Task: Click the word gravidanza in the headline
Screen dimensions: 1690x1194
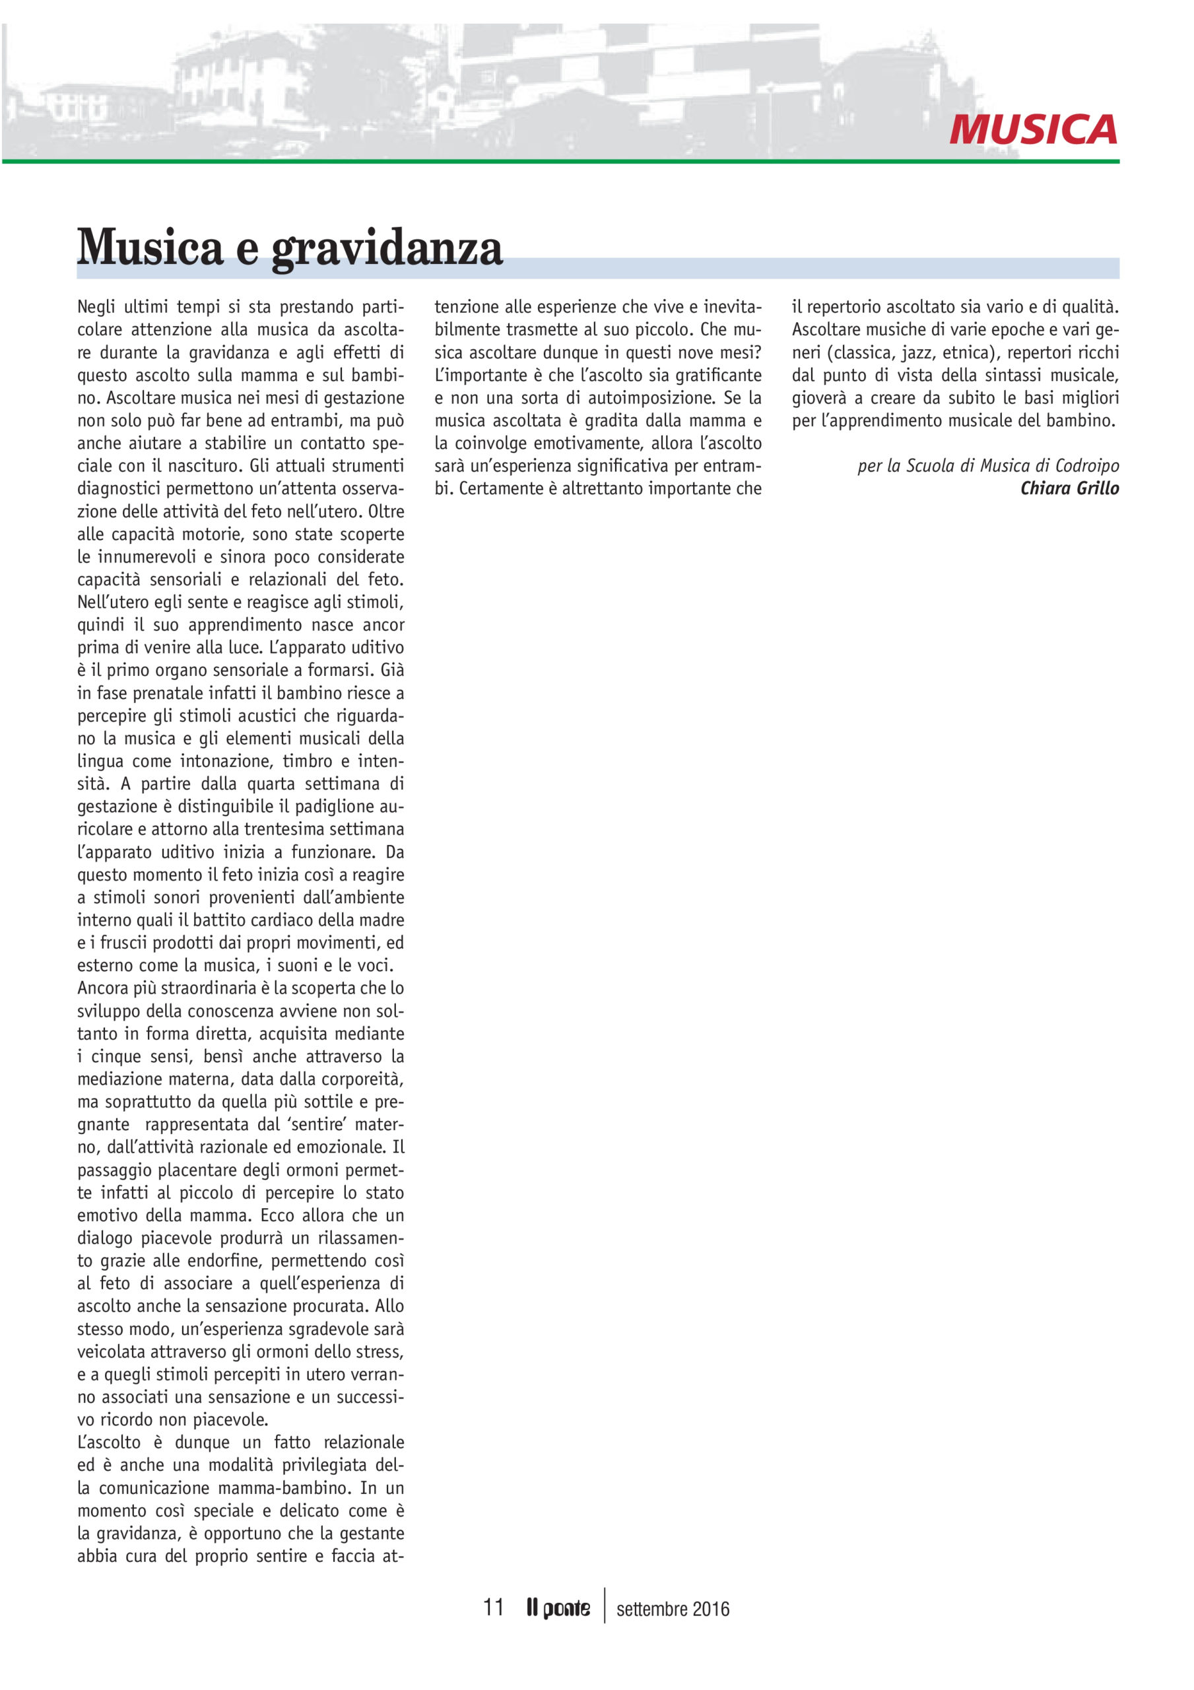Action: (387, 248)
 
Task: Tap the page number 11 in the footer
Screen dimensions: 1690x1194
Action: (492, 1607)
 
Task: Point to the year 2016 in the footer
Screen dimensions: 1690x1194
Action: (710, 1609)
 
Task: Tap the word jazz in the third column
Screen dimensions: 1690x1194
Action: (917, 352)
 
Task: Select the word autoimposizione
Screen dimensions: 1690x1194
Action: (630, 397)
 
